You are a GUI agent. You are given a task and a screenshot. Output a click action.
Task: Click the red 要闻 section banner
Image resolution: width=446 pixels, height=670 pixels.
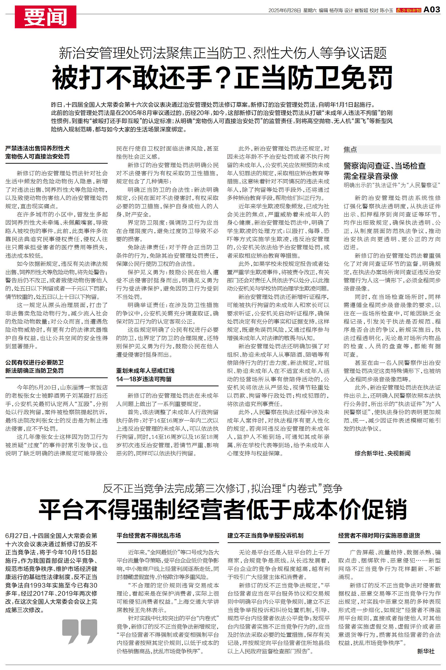pyautogui.click(x=45, y=17)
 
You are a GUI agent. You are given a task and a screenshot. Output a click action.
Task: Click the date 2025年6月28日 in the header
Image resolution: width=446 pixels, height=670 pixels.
pyautogui.click(x=284, y=11)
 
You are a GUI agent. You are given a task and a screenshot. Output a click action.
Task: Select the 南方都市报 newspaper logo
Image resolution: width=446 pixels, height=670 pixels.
pyautogui.click(x=408, y=11)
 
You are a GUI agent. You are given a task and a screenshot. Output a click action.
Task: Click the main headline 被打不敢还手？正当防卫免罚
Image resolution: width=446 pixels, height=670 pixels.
pyautogui.click(x=222, y=77)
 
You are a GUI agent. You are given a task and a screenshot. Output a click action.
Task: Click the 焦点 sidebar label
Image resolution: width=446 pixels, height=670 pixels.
pyautogui.click(x=350, y=150)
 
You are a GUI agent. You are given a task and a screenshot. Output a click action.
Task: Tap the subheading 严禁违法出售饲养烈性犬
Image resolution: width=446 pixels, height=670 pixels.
pyautogui.click(x=37, y=148)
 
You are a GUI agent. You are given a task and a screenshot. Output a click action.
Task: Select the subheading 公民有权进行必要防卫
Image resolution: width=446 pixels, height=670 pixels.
pyautogui.click(x=34, y=362)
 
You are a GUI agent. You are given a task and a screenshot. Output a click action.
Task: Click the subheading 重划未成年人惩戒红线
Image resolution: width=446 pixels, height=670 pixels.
pyautogui.click(x=145, y=370)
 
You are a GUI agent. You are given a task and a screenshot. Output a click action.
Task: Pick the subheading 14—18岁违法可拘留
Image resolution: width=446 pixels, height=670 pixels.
pyautogui.click(x=144, y=379)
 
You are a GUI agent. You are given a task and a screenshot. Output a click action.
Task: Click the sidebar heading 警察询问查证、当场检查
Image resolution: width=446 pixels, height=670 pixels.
pyautogui.click(x=384, y=166)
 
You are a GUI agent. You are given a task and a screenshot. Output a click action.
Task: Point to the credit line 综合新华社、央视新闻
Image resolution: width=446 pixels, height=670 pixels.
pyautogui.click(x=382, y=453)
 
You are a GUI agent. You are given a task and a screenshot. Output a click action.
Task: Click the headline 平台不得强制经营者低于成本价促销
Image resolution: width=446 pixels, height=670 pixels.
pyautogui.click(x=222, y=509)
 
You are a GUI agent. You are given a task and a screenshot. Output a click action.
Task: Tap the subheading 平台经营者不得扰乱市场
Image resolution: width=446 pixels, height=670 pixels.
pyautogui.click(x=148, y=535)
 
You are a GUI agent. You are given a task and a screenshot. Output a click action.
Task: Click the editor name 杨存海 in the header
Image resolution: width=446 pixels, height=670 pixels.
pyautogui.click(x=336, y=11)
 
